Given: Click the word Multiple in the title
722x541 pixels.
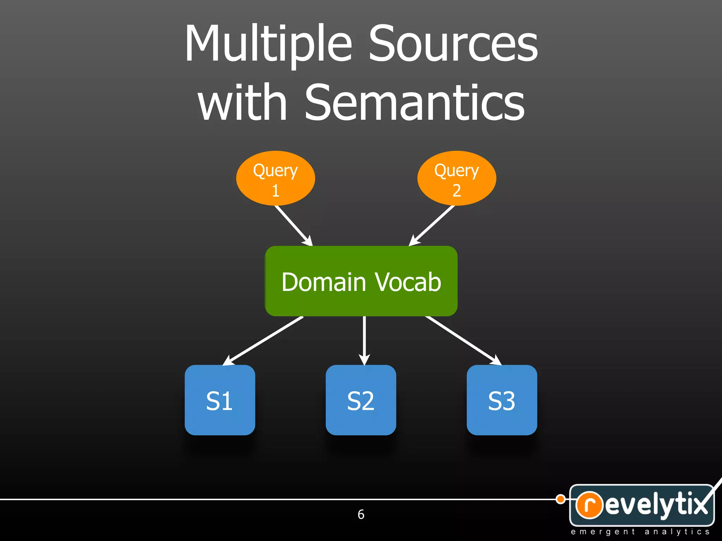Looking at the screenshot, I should click(x=268, y=44).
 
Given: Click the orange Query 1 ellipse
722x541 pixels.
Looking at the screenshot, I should click(x=275, y=178).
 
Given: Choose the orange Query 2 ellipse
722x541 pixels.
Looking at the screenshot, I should click(x=457, y=178).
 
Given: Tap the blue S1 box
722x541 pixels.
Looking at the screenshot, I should click(x=220, y=400).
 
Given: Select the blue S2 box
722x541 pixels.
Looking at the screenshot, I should click(x=361, y=400).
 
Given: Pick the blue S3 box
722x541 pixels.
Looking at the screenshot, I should click(x=502, y=400).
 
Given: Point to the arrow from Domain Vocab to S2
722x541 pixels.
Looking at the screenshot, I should click(x=364, y=340).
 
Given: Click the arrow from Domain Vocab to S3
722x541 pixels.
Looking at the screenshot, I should click(x=463, y=340).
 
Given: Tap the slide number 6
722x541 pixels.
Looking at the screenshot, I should click(x=361, y=515).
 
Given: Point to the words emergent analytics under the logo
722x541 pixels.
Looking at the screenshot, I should click(x=640, y=532).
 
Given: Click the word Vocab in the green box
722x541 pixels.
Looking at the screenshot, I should click(x=408, y=282).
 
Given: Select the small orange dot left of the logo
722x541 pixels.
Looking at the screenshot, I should click(x=560, y=499).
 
